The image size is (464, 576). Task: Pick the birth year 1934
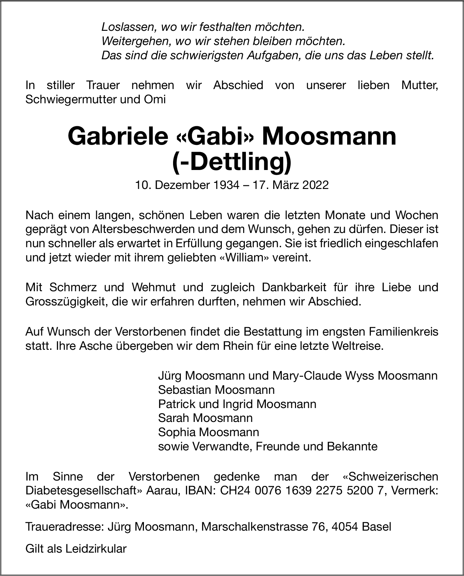click(226, 185)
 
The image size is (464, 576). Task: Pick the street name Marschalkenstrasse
click(254, 527)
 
